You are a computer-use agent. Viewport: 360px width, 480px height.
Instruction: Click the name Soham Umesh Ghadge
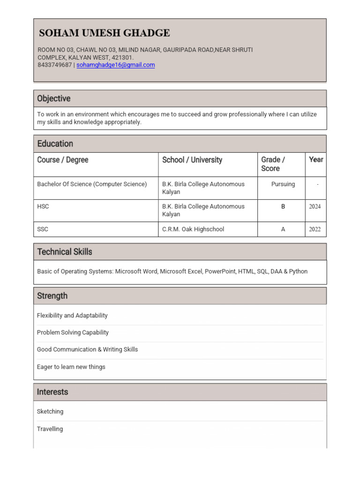click(104, 33)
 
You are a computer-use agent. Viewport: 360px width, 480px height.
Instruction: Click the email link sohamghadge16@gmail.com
click(115, 65)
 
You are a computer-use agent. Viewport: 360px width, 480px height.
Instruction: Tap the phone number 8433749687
click(54, 65)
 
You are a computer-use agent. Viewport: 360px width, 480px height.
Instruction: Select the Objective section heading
click(54, 98)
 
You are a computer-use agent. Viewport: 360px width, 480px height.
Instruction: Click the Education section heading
click(55, 143)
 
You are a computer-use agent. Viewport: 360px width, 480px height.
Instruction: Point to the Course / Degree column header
click(63, 160)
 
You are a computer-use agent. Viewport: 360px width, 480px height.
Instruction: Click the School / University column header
click(192, 160)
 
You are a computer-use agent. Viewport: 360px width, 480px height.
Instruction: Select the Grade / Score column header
click(273, 164)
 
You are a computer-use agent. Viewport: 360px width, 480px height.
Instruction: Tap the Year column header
click(316, 159)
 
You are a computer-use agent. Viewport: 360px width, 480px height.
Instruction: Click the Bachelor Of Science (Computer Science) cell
click(92, 184)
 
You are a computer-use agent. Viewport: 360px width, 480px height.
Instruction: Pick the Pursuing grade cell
click(283, 184)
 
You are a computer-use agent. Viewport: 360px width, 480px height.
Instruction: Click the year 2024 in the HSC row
click(315, 206)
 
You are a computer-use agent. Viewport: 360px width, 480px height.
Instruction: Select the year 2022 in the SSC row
click(315, 229)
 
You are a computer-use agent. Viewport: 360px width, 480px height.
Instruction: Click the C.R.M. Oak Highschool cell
click(193, 229)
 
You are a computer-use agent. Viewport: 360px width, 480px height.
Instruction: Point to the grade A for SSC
click(283, 229)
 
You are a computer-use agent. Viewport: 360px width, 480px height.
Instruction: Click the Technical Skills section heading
click(65, 252)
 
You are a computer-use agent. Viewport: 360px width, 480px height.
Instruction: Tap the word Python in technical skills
click(298, 271)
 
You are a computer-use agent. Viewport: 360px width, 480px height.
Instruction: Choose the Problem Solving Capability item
click(73, 332)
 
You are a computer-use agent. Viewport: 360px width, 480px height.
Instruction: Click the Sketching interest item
click(50, 412)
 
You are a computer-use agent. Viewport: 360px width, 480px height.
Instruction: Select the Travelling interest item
click(50, 429)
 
